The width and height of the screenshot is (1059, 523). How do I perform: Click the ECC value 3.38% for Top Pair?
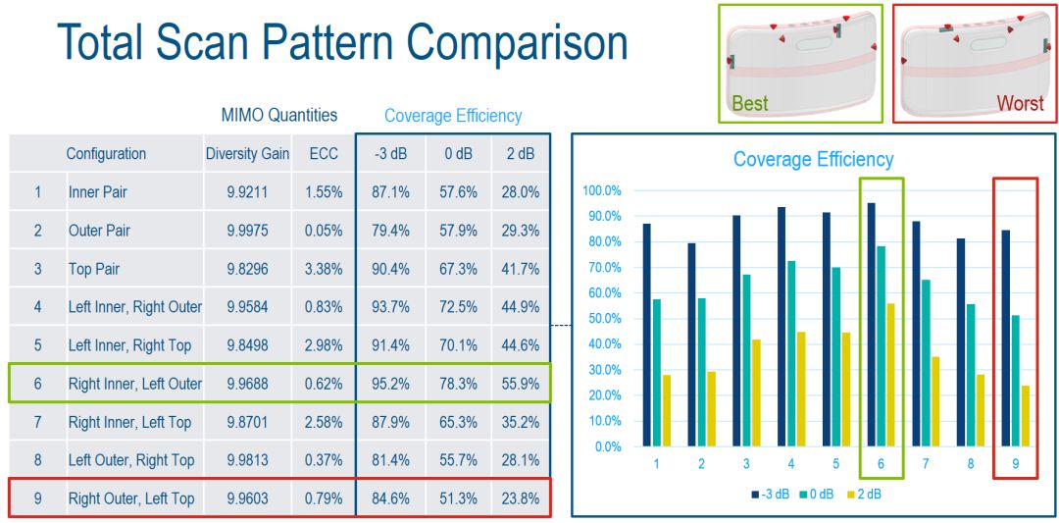click(x=324, y=269)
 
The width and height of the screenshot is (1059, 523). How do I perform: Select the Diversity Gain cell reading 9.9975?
click(x=247, y=231)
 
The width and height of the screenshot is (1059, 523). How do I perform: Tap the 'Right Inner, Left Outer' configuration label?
click(x=135, y=384)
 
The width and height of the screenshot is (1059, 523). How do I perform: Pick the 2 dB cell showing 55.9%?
click(x=520, y=384)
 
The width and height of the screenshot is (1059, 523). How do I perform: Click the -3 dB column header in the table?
click(x=389, y=154)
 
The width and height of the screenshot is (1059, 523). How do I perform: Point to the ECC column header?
click(x=324, y=154)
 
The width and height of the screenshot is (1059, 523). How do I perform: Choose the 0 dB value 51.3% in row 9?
click(x=458, y=498)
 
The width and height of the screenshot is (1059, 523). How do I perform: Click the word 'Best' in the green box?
click(x=750, y=103)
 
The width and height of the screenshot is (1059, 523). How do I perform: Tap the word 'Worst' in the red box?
click(x=1020, y=103)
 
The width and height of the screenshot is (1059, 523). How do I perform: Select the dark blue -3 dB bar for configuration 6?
click(x=872, y=325)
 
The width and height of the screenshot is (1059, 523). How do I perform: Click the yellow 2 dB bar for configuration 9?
click(x=1025, y=416)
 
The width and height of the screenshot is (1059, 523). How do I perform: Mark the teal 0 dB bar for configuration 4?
click(x=791, y=353)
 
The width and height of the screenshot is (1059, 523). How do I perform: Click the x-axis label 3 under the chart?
click(x=746, y=464)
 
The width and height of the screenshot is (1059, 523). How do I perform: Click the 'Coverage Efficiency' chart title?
click(x=813, y=160)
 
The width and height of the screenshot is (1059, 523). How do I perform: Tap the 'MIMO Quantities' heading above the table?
click(x=278, y=115)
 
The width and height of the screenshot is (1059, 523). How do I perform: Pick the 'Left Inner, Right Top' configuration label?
click(x=129, y=345)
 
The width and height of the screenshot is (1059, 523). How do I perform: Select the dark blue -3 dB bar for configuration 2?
click(x=692, y=344)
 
